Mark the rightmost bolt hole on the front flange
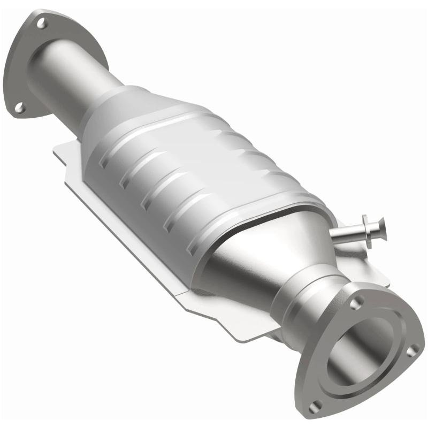coord(411,350)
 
